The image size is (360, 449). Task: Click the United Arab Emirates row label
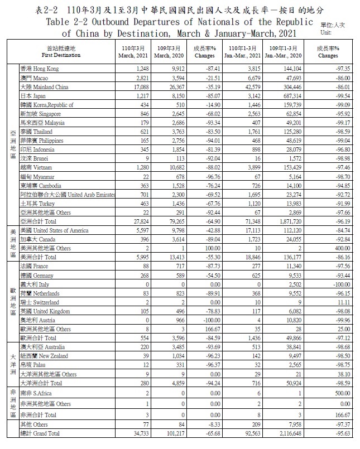tap(68, 195)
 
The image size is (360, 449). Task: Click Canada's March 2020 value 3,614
tap(171, 239)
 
